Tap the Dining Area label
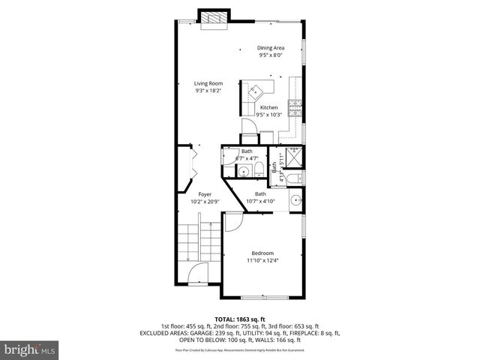point(271,47)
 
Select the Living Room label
point(208,83)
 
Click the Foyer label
point(194,193)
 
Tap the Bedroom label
point(262,253)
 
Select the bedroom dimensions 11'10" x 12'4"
point(262,260)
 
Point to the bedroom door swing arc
point(232,221)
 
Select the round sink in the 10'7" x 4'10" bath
point(295,200)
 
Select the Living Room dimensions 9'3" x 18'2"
point(208,91)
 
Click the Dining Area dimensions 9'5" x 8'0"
point(271,55)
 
